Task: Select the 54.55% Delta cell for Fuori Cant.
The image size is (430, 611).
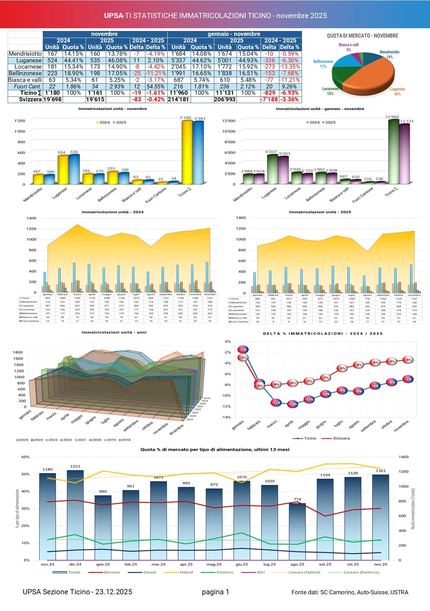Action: coord(155,86)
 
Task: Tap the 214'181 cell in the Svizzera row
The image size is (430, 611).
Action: coord(178,100)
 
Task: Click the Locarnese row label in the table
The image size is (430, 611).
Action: coord(28,67)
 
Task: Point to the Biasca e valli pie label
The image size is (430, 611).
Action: coord(349,45)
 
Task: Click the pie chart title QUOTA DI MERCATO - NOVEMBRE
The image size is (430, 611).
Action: coord(363,36)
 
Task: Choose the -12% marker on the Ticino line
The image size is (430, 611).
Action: coord(293,404)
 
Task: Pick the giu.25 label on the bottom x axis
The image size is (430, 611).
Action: coord(242,564)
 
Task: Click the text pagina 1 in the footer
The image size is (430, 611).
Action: coord(215,592)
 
